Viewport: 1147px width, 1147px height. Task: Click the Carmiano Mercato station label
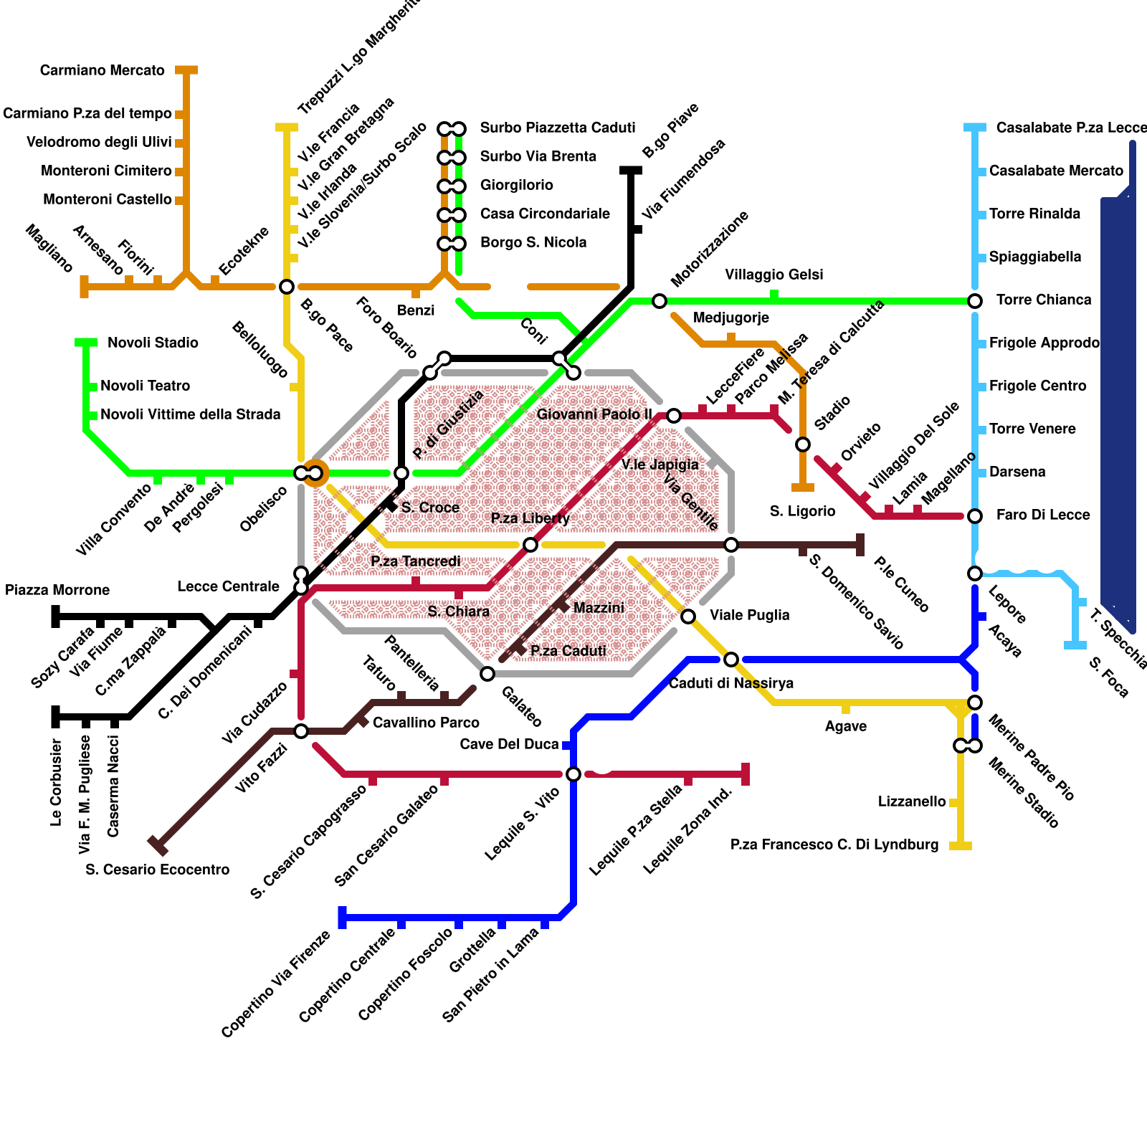(x=102, y=70)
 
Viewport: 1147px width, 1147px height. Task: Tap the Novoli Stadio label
(x=153, y=343)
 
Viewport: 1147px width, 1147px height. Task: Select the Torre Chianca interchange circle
(x=975, y=301)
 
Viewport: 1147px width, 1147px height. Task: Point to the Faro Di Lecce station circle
(x=975, y=516)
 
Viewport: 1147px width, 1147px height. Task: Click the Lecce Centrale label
(x=228, y=586)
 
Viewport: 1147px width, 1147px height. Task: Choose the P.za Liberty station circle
(x=530, y=545)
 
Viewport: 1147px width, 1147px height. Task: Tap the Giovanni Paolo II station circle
(x=674, y=416)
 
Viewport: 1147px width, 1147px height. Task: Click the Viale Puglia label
(x=749, y=615)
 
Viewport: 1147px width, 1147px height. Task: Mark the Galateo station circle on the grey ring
(x=487, y=674)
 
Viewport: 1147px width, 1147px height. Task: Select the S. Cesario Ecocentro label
(x=157, y=870)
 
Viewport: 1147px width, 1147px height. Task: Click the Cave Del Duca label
(x=509, y=744)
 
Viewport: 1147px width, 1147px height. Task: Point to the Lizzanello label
(x=912, y=801)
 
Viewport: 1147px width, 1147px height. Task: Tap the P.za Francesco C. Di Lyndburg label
(x=834, y=844)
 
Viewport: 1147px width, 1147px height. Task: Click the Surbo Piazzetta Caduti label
(x=558, y=128)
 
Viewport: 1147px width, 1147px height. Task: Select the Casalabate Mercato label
(x=1056, y=171)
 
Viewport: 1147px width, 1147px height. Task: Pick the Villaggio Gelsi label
(x=774, y=275)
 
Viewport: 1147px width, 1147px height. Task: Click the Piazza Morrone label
(x=57, y=590)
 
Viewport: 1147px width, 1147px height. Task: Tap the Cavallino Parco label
(x=426, y=723)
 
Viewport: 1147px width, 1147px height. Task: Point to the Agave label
(x=845, y=726)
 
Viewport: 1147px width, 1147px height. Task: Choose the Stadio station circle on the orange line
(x=803, y=444)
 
